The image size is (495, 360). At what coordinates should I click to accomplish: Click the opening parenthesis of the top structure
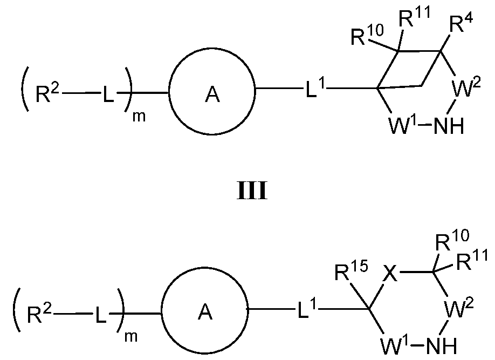coord(24,94)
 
